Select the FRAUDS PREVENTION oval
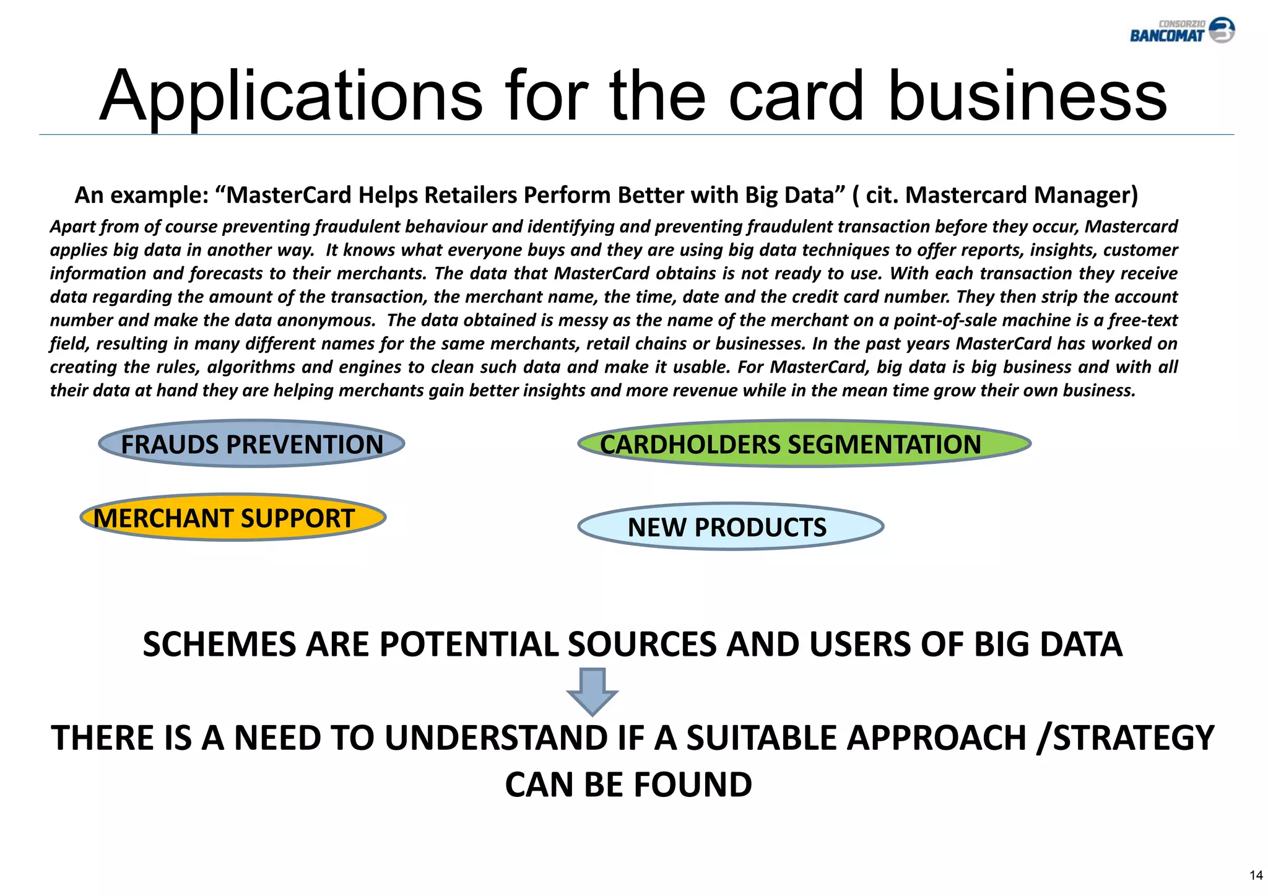251,444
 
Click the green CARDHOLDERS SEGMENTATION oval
804,444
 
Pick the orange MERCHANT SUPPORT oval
233,518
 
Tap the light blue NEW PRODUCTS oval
730,527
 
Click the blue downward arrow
593,691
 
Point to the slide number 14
1256,875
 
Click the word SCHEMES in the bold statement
219,645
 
